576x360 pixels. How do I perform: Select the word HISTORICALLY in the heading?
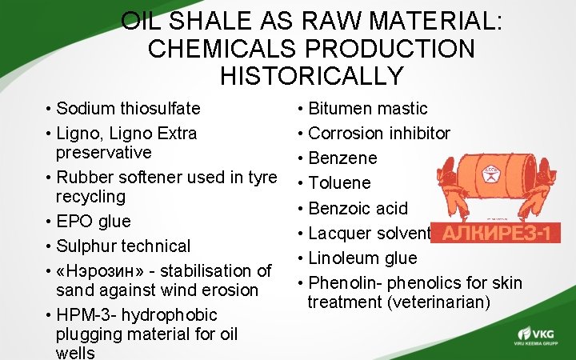pyautogui.click(x=311, y=76)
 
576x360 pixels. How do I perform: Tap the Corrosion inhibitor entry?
pyautogui.click(x=379, y=133)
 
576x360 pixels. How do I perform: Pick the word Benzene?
pyautogui.click(x=342, y=158)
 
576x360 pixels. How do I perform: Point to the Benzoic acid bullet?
pyautogui.click(x=358, y=208)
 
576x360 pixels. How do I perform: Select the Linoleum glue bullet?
pyautogui.click(x=362, y=258)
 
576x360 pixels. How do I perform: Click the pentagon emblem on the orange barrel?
pyautogui.click(x=490, y=171)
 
